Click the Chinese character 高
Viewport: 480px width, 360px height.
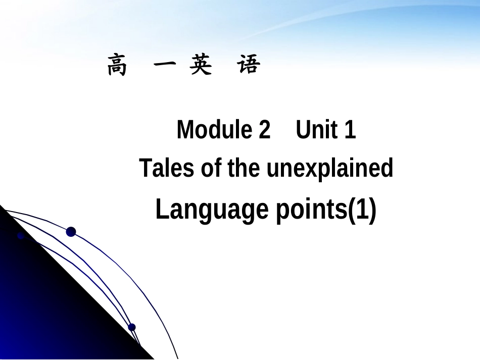[117, 66]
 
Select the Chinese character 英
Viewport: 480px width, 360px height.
[201, 66]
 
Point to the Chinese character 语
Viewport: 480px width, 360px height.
[249, 66]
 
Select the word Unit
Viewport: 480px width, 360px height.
[317, 130]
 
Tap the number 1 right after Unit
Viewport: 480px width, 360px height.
[350, 130]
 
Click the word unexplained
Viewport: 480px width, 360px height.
[329, 169]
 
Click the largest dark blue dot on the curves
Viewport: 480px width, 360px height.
[71, 232]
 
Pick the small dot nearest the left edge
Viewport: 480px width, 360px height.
[21, 236]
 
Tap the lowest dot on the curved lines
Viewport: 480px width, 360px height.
[132, 327]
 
